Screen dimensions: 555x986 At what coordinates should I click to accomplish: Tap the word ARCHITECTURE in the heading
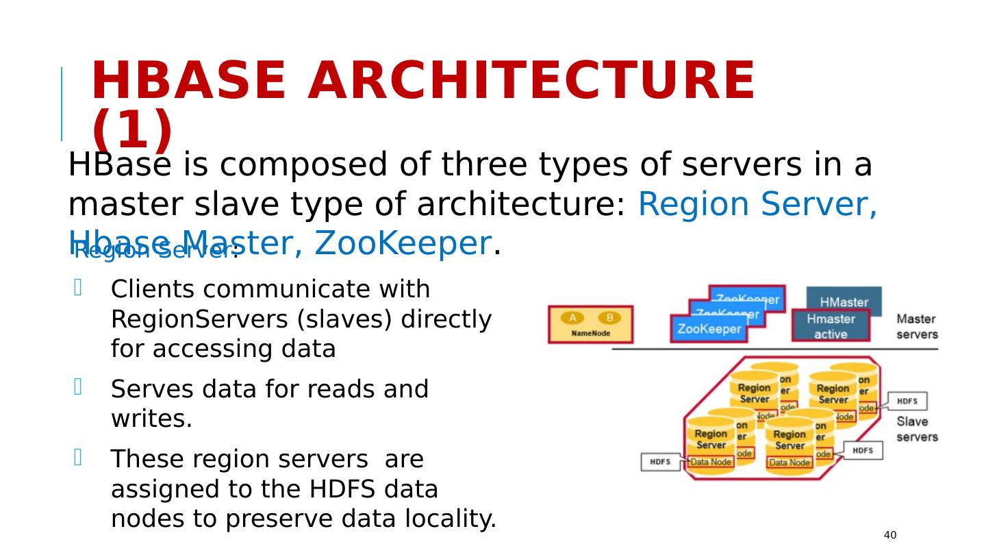531,81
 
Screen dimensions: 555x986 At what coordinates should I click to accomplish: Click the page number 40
890,535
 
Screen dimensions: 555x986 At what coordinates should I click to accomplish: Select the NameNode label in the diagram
590,334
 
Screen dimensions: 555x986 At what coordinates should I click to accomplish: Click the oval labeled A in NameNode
572,318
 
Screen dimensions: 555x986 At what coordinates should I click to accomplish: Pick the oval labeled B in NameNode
609,318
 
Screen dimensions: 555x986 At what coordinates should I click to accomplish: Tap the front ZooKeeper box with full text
709,329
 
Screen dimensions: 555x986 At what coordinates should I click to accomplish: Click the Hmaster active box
830,327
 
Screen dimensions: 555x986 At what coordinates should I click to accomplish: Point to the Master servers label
917,326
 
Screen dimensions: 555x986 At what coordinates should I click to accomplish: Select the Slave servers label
917,429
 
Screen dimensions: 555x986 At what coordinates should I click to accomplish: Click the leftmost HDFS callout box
660,462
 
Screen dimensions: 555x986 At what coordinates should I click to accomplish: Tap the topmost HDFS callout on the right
907,401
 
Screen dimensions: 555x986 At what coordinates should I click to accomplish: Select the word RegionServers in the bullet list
194,320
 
